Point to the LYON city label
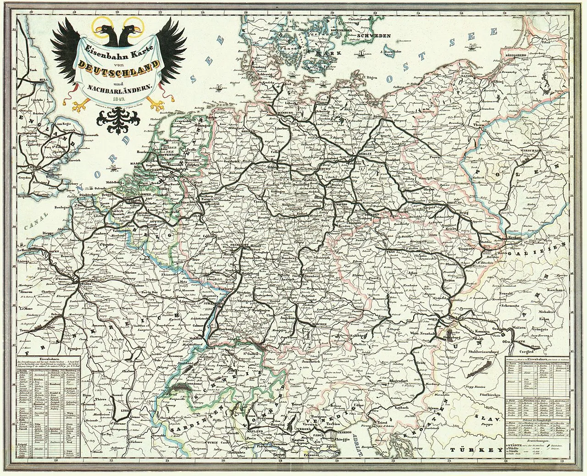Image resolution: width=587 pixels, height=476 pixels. (121, 411)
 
